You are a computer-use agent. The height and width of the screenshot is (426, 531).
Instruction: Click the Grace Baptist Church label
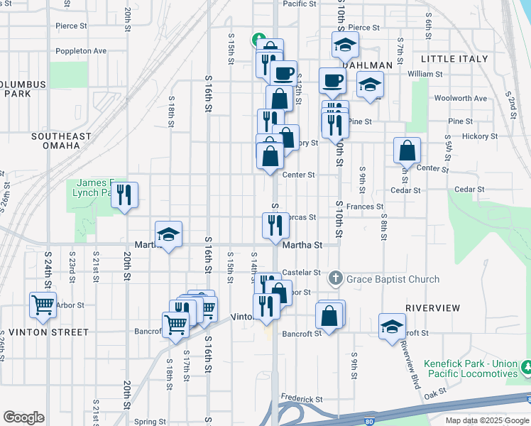point(393,279)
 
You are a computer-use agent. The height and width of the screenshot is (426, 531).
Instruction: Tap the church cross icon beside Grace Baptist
point(338,278)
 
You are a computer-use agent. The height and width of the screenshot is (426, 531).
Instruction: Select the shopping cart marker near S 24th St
point(43,305)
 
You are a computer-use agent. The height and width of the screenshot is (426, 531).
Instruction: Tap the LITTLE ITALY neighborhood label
point(454,59)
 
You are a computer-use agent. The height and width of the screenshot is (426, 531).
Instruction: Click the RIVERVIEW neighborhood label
point(432,308)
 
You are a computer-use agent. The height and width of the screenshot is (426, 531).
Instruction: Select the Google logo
point(23,417)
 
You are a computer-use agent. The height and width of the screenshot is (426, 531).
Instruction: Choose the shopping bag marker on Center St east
point(407,151)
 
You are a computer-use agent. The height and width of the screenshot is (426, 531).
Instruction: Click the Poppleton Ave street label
point(82,51)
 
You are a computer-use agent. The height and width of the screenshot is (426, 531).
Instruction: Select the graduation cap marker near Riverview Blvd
point(392,327)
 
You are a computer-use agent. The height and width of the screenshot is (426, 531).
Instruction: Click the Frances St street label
point(365,207)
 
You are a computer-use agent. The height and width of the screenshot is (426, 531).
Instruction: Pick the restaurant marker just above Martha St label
point(274,226)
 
